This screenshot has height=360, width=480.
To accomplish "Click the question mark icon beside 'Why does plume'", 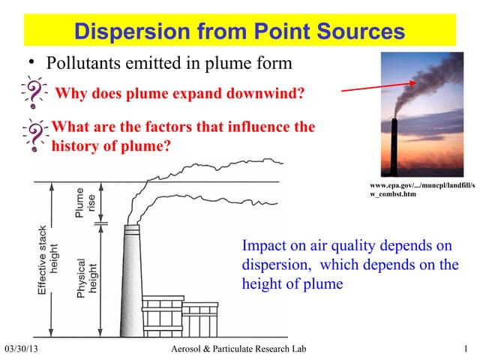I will (x=33, y=94).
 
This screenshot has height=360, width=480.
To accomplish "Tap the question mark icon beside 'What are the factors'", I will (x=33, y=136).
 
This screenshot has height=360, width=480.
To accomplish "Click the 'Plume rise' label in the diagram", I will (x=84, y=202).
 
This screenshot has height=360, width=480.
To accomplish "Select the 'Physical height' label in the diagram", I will (x=86, y=278).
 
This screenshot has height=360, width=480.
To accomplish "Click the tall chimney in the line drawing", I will (x=133, y=277).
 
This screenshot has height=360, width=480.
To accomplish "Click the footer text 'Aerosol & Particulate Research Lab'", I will (x=238, y=349).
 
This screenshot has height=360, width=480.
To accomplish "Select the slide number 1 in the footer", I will (x=466, y=349).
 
